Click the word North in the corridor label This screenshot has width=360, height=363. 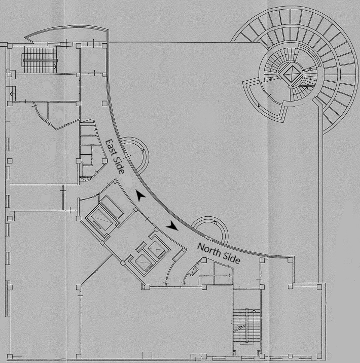(209, 250)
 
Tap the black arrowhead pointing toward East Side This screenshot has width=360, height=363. (140, 195)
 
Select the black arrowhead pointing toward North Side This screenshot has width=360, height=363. (172, 225)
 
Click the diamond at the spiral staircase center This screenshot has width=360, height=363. (292, 74)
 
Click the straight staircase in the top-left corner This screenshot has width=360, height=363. (40, 60)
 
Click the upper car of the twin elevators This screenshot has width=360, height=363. (156, 249)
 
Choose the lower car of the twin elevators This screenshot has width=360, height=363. (144, 262)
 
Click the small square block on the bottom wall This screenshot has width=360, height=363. (147, 355)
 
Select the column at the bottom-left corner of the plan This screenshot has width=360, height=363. (10, 356)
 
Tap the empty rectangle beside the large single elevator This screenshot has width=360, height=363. (112, 207)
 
